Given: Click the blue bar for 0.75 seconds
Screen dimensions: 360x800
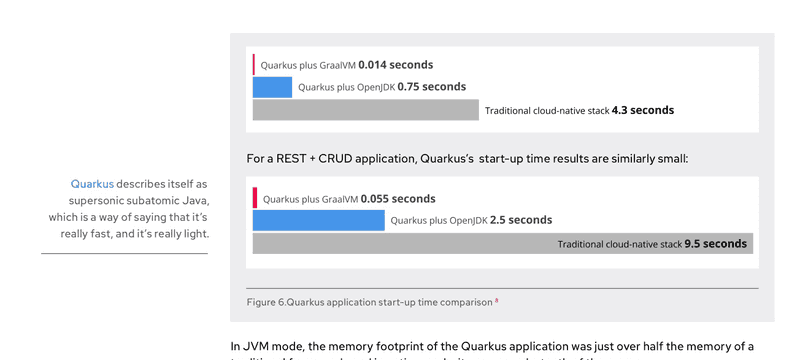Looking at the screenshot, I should pyautogui.click(x=272, y=87).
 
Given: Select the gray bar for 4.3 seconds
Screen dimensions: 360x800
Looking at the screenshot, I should pyautogui.click(x=366, y=110).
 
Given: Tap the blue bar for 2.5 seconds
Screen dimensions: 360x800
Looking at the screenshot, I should pyautogui.click(x=318, y=220).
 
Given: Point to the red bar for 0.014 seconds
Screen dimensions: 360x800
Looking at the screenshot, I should pyautogui.click(x=254, y=64).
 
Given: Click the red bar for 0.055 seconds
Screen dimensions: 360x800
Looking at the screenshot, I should pyautogui.click(x=255, y=198).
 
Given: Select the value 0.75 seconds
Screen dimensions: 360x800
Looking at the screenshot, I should pyautogui.click(x=431, y=87).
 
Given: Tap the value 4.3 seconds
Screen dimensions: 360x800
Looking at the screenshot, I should pyautogui.click(x=642, y=110).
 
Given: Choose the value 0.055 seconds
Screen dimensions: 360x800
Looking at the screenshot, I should pyautogui.click(x=398, y=199).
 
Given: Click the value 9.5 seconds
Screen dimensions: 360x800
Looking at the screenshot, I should pyautogui.click(x=715, y=244).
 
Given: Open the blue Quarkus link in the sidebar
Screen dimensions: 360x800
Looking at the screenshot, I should pyautogui.click(x=92, y=185).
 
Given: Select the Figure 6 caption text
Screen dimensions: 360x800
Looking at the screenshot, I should pyautogui.click(x=369, y=302).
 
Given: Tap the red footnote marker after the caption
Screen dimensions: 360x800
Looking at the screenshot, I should pyautogui.click(x=497, y=300).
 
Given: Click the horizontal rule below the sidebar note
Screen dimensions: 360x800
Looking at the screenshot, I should pyautogui.click(x=124, y=253).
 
